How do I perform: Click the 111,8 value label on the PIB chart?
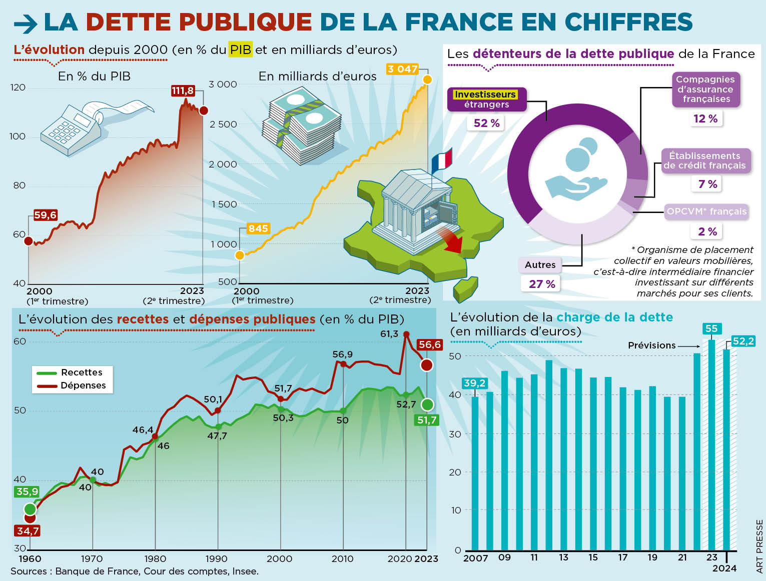pyautogui.click(x=183, y=91)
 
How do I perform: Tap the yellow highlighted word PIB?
pyautogui.click(x=240, y=49)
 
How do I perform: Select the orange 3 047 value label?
pyautogui.click(x=402, y=69)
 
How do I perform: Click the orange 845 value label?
pyautogui.click(x=258, y=228)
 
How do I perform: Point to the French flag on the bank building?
pyautogui.click(x=442, y=159)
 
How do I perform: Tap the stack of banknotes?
pyautogui.click(x=300, y=125)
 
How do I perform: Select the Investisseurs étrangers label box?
pyautogui.click(x=486, y=99)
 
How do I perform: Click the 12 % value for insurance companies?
pyautogui.click(x=705, y=118)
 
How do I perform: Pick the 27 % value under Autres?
pyautogui.click(x=542, y=284)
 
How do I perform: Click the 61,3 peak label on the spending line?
pyautogui.click(x=389, y=333)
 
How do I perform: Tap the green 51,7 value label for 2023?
pyautogui.click(x=427, y=420)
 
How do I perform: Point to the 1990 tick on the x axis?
pyautogui.click(x=217, y=558)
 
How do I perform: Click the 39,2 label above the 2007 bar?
pyautogui.click(x=474, y=383)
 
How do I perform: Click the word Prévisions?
pyautogui.click(x=651, y=345)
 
